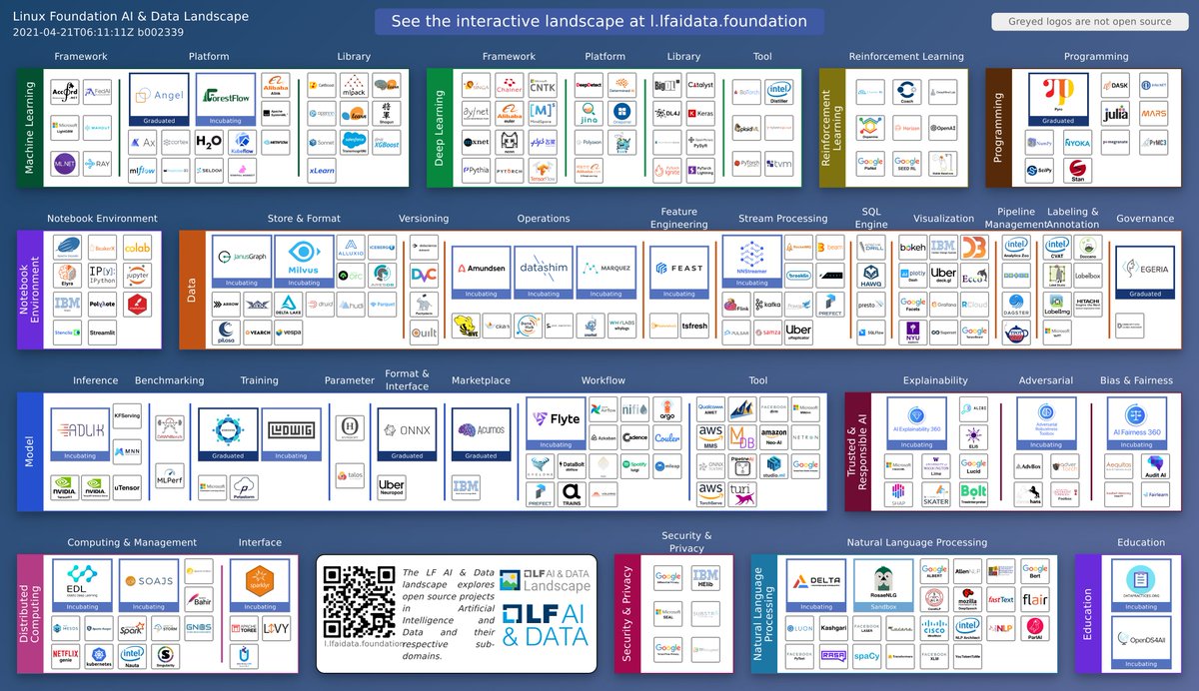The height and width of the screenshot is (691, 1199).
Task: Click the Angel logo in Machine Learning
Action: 159,96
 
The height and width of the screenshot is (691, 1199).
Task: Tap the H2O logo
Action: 209,142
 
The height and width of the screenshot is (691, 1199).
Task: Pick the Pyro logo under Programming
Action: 1058,96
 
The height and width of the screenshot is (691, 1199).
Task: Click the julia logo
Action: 1115,114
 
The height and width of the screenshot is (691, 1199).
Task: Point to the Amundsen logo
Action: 482,269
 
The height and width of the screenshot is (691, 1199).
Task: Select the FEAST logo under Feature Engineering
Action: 678,269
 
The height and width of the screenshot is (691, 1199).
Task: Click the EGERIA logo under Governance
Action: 1145,268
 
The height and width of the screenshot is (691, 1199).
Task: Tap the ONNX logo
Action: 407,430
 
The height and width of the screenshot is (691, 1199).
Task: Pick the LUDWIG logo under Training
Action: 291,430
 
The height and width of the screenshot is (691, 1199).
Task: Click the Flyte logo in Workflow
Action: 556,420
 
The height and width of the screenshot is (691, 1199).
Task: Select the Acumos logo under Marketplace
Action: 481,430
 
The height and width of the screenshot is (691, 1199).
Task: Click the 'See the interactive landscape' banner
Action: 599,21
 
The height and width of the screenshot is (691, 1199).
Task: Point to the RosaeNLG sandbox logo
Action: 878,581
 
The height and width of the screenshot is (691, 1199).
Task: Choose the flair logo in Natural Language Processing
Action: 1034,600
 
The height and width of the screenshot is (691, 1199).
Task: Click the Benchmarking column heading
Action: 169,380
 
